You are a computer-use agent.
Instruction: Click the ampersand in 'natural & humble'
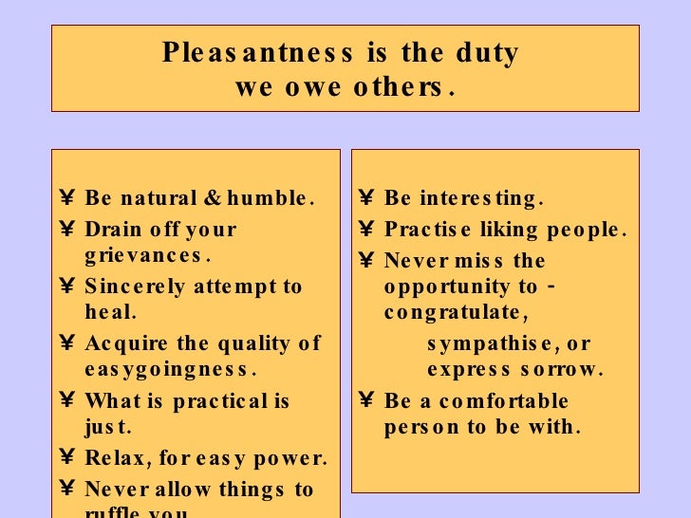pos(210,199)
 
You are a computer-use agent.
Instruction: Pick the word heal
pos(110,311)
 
